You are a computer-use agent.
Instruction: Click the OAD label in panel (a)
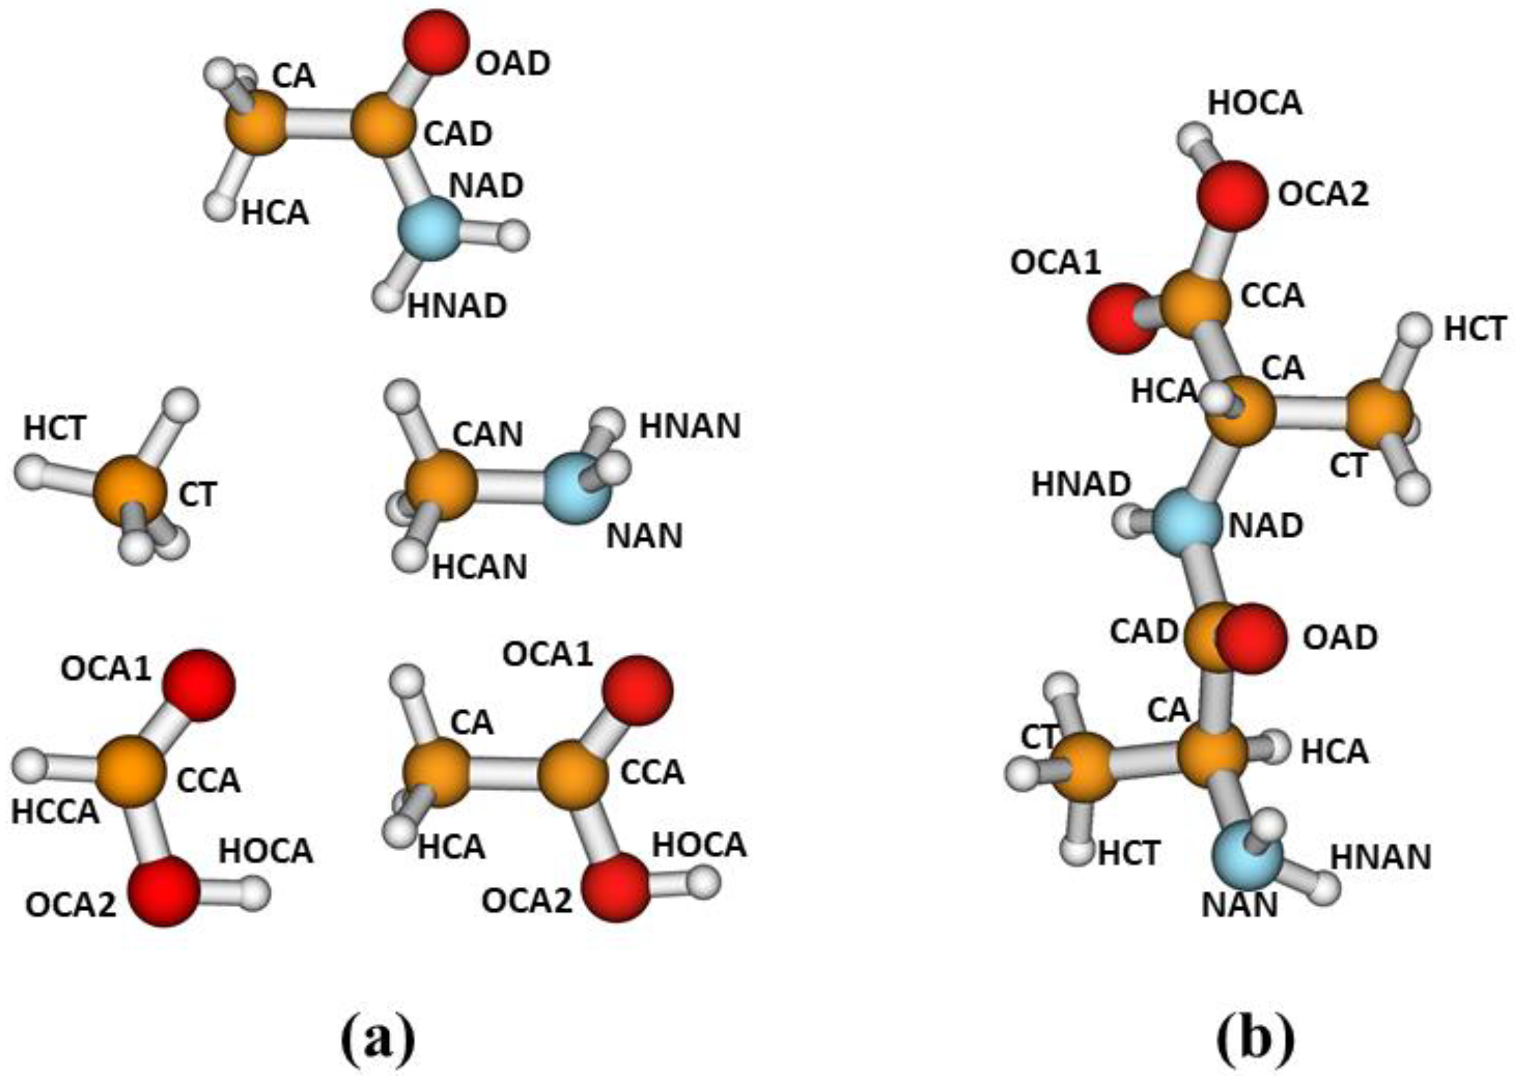(512, 64)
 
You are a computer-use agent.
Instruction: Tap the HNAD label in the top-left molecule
(457, 306)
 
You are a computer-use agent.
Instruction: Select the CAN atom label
(487, 435)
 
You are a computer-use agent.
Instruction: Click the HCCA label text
(55, 812)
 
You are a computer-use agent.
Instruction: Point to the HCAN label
(480, 567)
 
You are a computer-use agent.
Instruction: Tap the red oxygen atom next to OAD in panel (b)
(1250, 638)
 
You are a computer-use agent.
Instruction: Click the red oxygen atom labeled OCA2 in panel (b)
(1231, 196)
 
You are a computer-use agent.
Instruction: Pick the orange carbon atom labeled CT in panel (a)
(130, 491)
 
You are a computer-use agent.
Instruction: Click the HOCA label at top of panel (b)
(1254, 103)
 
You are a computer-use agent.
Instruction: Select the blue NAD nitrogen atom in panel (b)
(1187, 523)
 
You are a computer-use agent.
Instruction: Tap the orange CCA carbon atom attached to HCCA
(130, 772)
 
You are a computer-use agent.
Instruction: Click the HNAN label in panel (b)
(1381, 857)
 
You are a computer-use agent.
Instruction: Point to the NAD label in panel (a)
(486, 185)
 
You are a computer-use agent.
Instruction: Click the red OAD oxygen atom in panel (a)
(436, 41)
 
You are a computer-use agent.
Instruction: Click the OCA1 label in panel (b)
(1055, 263)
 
